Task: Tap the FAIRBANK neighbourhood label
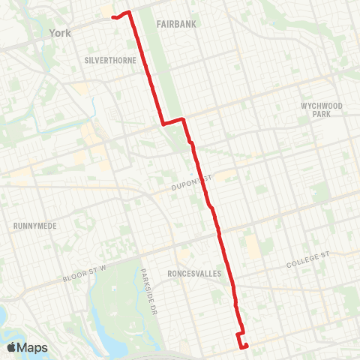[x=176, y=25]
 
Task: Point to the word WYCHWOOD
[x=321, y=106]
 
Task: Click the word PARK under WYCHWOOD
[x=321, y=115]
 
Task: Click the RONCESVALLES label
[x=194, y=274]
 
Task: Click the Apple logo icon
[x=12, y=347]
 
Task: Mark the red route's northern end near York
[x=113, y=16]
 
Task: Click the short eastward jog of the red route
[x=173, y=121]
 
